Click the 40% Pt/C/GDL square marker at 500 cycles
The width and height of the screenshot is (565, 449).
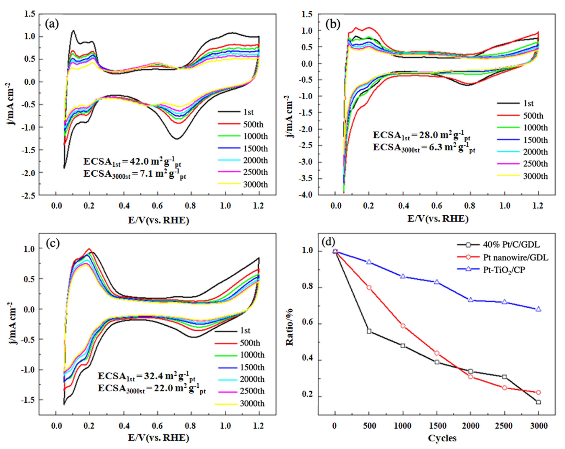click(369, 331)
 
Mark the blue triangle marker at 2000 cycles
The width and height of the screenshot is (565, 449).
click(471, 299)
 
